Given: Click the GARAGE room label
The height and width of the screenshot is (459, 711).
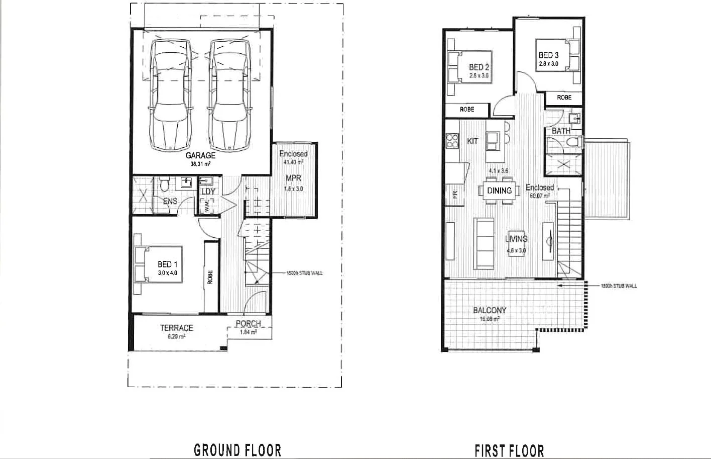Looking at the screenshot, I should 200,155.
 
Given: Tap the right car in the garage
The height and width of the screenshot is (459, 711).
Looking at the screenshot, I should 229,95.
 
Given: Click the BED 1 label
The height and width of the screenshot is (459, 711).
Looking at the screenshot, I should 167,264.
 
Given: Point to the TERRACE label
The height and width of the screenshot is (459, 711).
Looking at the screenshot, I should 176,328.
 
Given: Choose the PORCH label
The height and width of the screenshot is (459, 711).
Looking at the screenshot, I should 248,324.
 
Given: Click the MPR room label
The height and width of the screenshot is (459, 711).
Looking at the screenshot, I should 293,178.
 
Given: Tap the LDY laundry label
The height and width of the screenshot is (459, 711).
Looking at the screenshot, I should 208,192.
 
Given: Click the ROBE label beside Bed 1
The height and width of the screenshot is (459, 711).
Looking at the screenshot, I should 210,277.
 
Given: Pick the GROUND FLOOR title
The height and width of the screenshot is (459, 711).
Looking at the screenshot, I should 238,449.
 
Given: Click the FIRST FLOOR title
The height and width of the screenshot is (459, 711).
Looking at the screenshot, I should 509,450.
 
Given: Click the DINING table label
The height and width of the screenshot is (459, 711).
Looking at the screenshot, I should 499,191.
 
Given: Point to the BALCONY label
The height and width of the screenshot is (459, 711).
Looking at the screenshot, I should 490,310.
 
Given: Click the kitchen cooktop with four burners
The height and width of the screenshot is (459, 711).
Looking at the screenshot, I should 452,140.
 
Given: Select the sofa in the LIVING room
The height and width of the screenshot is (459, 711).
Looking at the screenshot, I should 485,243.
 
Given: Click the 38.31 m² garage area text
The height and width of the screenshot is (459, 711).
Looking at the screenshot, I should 200,164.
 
